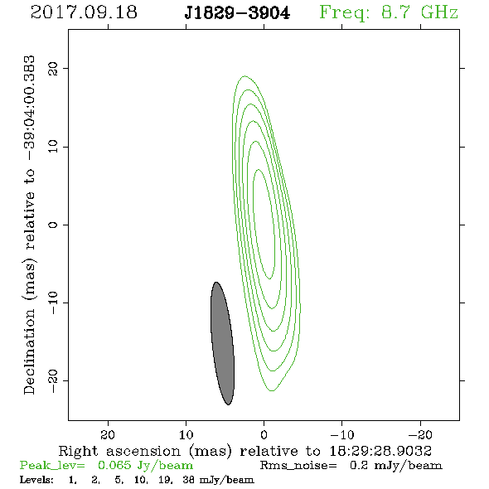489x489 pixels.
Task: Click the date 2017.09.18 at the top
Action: (x=84, y=12)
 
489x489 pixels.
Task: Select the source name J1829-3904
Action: (x=237, y=13)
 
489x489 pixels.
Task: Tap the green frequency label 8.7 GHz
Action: (x=419, y=12)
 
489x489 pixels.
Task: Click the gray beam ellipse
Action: (x=222, y=343)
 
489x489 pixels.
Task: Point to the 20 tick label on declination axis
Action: (x=53, y=69)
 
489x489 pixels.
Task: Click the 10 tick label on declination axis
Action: (x=53, y=146)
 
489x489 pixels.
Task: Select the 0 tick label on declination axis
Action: (x=53, y=225)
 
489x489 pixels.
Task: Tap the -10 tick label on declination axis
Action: (x=53, y=303)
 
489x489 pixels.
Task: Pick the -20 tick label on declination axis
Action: (x=53, y=380)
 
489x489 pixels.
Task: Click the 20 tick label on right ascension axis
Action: (x=108, y=434)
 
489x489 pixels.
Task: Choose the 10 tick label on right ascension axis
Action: (x=186, y=434)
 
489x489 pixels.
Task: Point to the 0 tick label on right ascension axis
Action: (x=264, y=434)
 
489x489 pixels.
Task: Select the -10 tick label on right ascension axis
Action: (x=342, y=434)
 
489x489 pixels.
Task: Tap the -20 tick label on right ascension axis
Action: (x=420, y=434)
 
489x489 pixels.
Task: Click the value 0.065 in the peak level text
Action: (x=114, y=465)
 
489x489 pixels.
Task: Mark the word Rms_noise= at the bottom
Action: (x=298, y=466)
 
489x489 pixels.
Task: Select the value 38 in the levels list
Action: (x=188, y=480)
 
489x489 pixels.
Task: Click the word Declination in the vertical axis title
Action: (x=29, y=351)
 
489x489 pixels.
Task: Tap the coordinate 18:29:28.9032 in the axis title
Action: (x=380, y=451)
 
